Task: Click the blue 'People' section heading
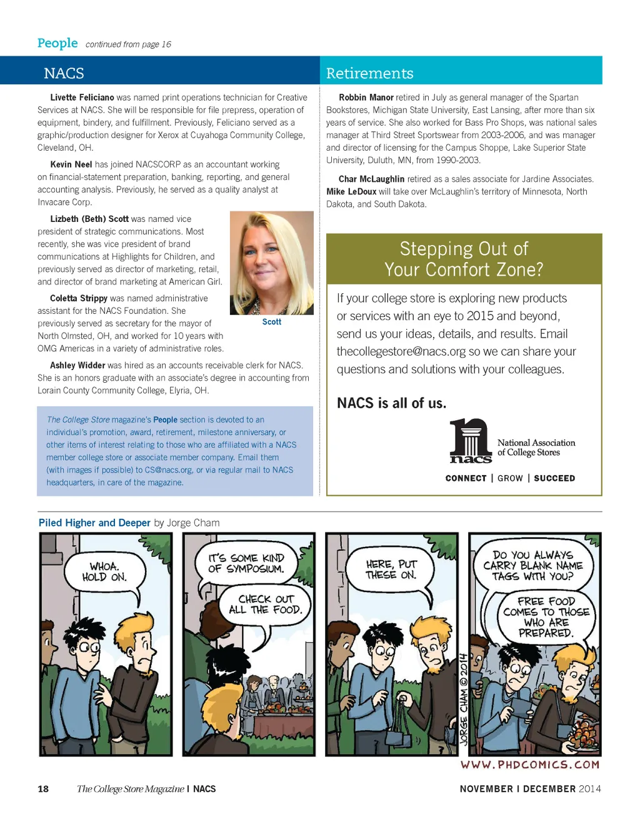point(57,43)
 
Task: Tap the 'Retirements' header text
point(369,73)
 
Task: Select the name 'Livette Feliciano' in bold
point(82,98)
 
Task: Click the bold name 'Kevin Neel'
point(71,164)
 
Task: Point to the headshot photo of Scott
point(272,263)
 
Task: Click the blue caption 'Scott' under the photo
point(272,322)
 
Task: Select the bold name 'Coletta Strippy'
point(79,298)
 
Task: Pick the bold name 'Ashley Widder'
point(77,365)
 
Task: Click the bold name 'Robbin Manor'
point(366,98)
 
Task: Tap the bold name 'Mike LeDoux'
point(351,191)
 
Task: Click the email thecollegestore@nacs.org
point(401,351)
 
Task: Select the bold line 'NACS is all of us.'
point(392,403)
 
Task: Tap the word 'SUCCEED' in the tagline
point(554,478)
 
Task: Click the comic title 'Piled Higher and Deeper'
point(94,523)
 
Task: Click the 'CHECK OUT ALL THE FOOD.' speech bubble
point(265,604)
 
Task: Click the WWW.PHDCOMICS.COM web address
point(530,765)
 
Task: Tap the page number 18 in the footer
point(43,789)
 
